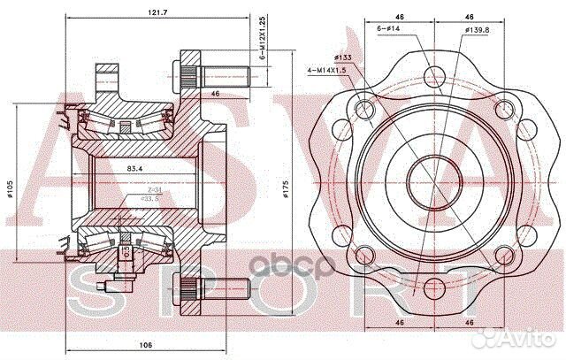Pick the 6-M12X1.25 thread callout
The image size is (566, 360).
tap(262, 40)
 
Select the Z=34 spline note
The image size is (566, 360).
tap(153, 190)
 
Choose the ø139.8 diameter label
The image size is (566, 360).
tap(474, 30)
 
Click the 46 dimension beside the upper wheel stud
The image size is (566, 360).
tap(215, 91)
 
